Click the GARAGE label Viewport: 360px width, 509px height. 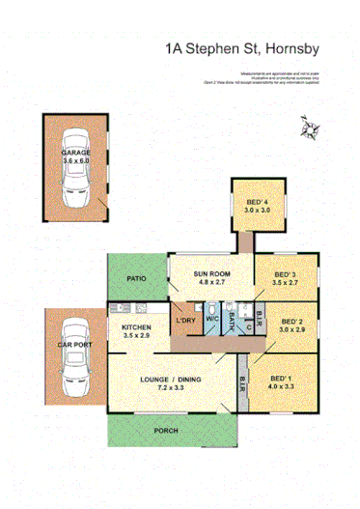tap(76, 153)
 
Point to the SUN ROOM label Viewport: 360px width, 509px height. tap(210, 273)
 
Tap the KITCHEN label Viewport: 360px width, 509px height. tap(136, 328)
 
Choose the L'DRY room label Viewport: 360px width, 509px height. tap(184, 321)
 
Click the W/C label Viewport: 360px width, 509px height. tap(211, 321)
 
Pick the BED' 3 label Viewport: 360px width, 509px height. tap(283, 273)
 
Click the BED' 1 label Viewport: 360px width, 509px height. tap(282, 377)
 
